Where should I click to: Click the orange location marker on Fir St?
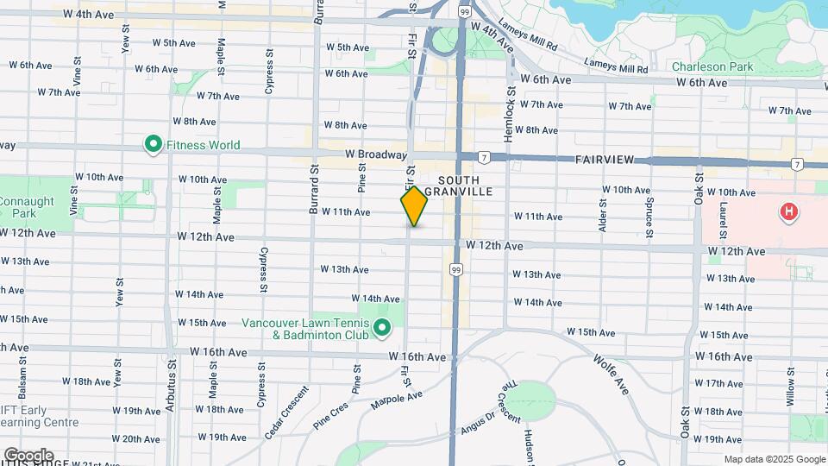414,206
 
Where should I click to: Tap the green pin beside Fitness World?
154,144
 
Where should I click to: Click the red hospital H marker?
787,211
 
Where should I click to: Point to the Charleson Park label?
712,66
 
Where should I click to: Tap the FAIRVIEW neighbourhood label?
604,161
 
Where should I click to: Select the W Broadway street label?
375,154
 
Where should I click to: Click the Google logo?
28,455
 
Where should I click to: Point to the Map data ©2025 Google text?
774,459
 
